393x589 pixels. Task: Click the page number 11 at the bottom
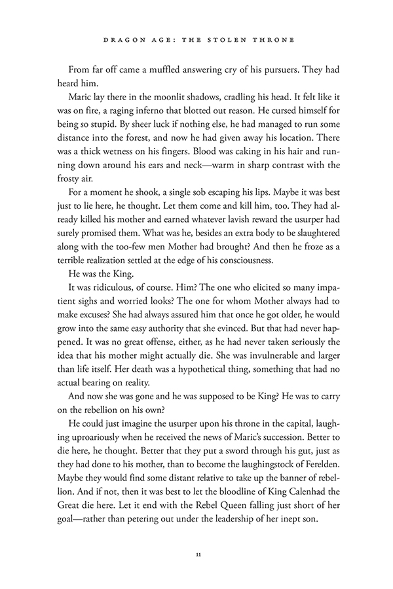pyautogui.click(x=196, y=556)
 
